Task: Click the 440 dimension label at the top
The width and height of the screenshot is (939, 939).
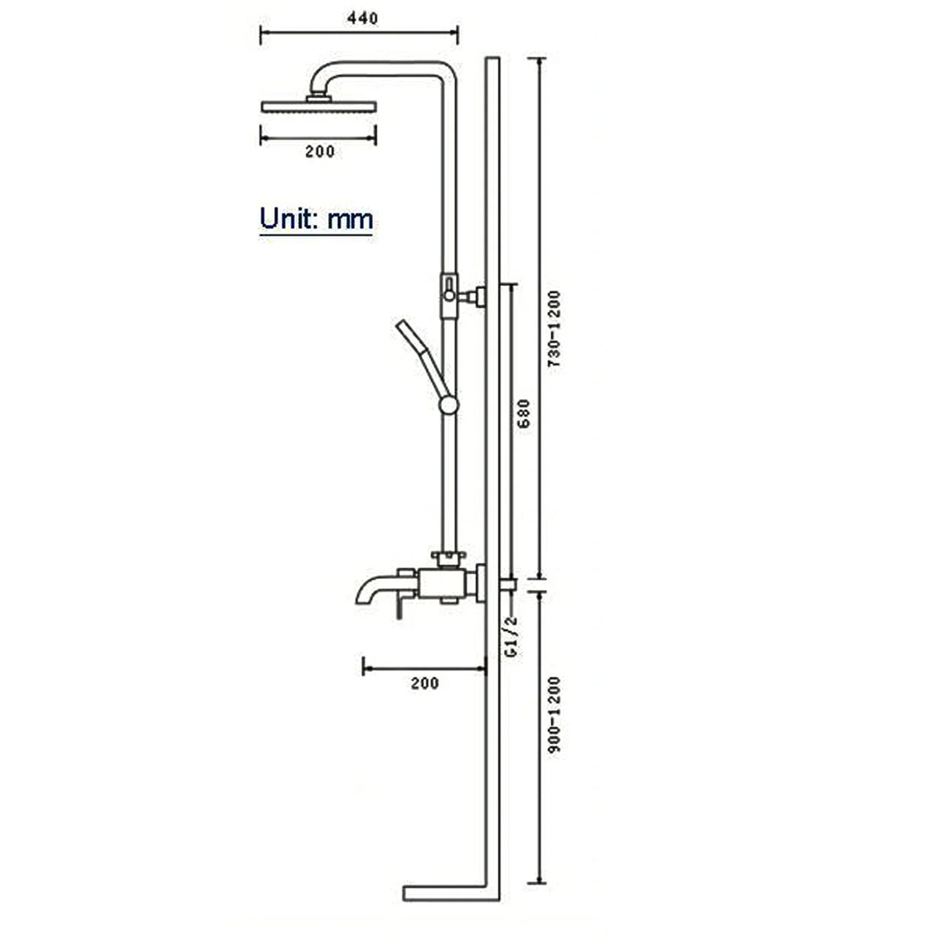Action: pos(362,18)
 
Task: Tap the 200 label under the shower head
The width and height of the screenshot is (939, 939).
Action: pos(320,151)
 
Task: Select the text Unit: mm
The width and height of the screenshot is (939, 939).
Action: pos(316,219)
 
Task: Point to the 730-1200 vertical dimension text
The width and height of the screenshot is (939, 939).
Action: pos(554,329)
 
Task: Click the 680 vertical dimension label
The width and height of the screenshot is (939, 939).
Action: pos(523,413)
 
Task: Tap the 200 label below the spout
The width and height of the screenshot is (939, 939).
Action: pos(424,683)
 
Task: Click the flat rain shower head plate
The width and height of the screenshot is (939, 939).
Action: pos(318,107)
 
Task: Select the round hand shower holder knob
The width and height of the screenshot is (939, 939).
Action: pos(448,405)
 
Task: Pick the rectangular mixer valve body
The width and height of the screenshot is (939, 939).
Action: pos(442,584)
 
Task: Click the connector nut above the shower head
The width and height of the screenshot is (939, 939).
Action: pos(319,97)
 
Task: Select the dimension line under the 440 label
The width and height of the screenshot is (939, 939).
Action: pos(359,33)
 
